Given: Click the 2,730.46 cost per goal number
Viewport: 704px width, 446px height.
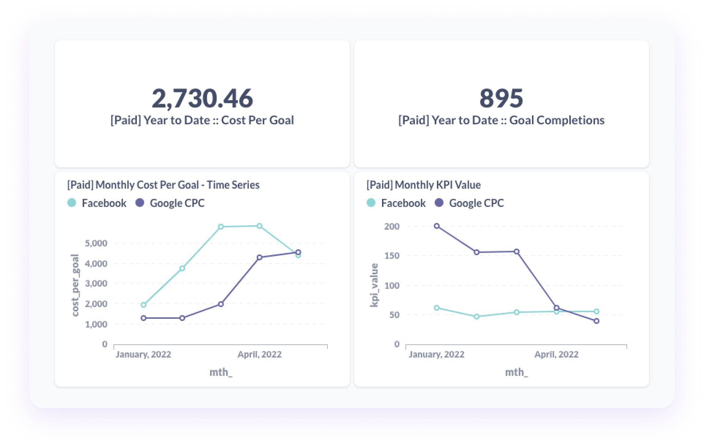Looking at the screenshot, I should point(202,98).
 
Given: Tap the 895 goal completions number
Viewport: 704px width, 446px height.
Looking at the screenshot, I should point(501,98).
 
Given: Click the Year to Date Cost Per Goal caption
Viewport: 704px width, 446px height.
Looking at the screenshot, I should point(202,120).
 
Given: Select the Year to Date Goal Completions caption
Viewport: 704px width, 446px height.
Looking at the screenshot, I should point(501,120).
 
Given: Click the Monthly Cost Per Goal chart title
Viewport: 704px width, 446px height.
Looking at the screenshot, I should point(163,185).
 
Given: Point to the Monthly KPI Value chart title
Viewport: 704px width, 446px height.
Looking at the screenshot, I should point(423,185).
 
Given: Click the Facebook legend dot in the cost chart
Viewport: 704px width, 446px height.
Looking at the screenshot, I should point(72,203).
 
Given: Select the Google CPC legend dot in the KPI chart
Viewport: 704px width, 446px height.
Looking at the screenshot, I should point(439,203).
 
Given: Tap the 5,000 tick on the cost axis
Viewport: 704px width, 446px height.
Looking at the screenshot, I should point(96,243).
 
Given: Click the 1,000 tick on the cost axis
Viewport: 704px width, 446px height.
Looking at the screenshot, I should point(96,324).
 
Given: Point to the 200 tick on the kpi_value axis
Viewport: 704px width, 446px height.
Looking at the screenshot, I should point(392,226).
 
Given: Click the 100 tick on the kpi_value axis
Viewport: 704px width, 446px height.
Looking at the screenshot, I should point(392,286).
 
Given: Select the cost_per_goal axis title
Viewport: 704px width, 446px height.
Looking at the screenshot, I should point(75,285).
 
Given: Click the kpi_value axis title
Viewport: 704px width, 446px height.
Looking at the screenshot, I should point(374,285).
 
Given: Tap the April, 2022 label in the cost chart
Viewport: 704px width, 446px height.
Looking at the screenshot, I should point(259,354).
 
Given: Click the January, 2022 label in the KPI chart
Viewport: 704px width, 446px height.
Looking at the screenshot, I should point(436,354).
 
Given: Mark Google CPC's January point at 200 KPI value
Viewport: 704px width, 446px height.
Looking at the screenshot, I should point(437,226).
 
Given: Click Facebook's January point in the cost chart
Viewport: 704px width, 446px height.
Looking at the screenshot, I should point(143,305).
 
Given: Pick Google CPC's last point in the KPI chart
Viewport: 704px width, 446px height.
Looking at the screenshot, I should point(596,321).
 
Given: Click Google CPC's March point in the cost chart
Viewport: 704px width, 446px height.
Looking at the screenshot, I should point(221,304).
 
